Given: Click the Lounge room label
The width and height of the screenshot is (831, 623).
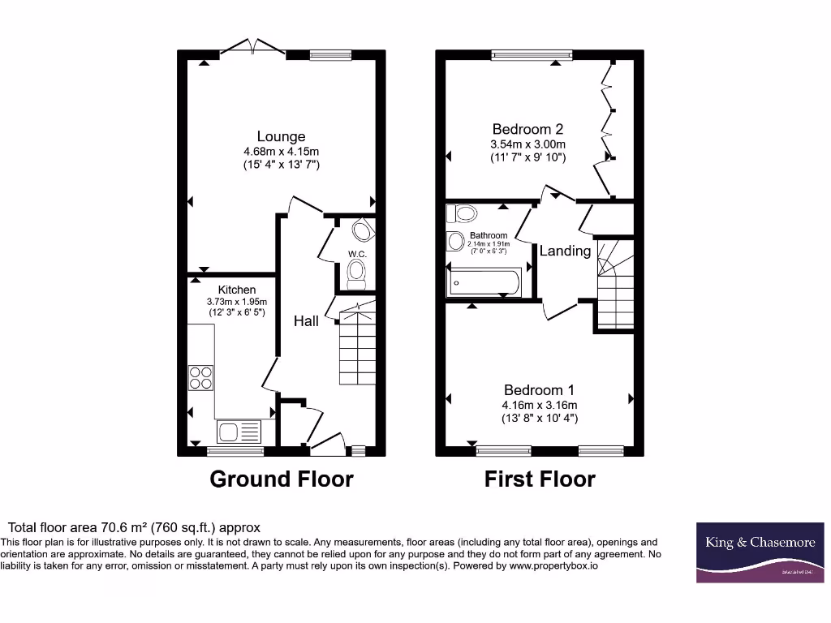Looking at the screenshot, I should [x=281, y=136].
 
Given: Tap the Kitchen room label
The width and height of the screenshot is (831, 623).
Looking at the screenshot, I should [x=236, y=290].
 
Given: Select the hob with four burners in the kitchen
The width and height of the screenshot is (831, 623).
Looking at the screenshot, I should [x=200, y=378].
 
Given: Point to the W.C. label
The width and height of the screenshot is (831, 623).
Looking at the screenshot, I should [x=357, y=254].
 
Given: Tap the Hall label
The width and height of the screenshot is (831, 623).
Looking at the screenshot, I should [x=306, y=321].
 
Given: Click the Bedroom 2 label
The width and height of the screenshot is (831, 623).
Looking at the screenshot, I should [x=527, y=129].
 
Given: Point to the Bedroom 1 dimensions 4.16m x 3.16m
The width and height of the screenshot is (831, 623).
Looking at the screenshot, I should [x=540, y=405].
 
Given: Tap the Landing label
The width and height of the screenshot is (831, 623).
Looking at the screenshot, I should [x=565, y=251].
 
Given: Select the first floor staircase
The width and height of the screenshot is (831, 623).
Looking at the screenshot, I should [x=614, y=284].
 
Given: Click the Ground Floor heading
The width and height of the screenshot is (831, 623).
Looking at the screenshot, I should [x=281, y=479].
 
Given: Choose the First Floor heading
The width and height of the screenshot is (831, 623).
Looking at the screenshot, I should [x=540, y=479].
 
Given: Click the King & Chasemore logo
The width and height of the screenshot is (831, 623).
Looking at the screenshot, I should [x=760, y=552].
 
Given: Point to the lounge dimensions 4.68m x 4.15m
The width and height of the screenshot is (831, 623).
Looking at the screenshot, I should [x=281, y=151].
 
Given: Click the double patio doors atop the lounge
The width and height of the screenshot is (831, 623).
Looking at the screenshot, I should [x=253, y=46].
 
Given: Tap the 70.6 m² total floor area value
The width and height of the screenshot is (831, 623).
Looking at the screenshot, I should [x=125, y=527].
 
